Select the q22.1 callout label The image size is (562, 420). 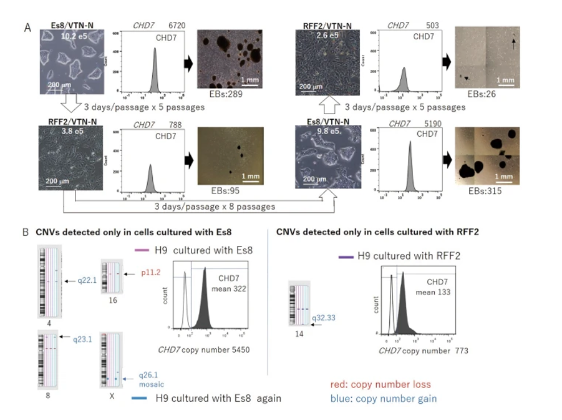(x=85, y=280)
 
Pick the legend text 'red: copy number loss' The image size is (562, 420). (x=380, y=384)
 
